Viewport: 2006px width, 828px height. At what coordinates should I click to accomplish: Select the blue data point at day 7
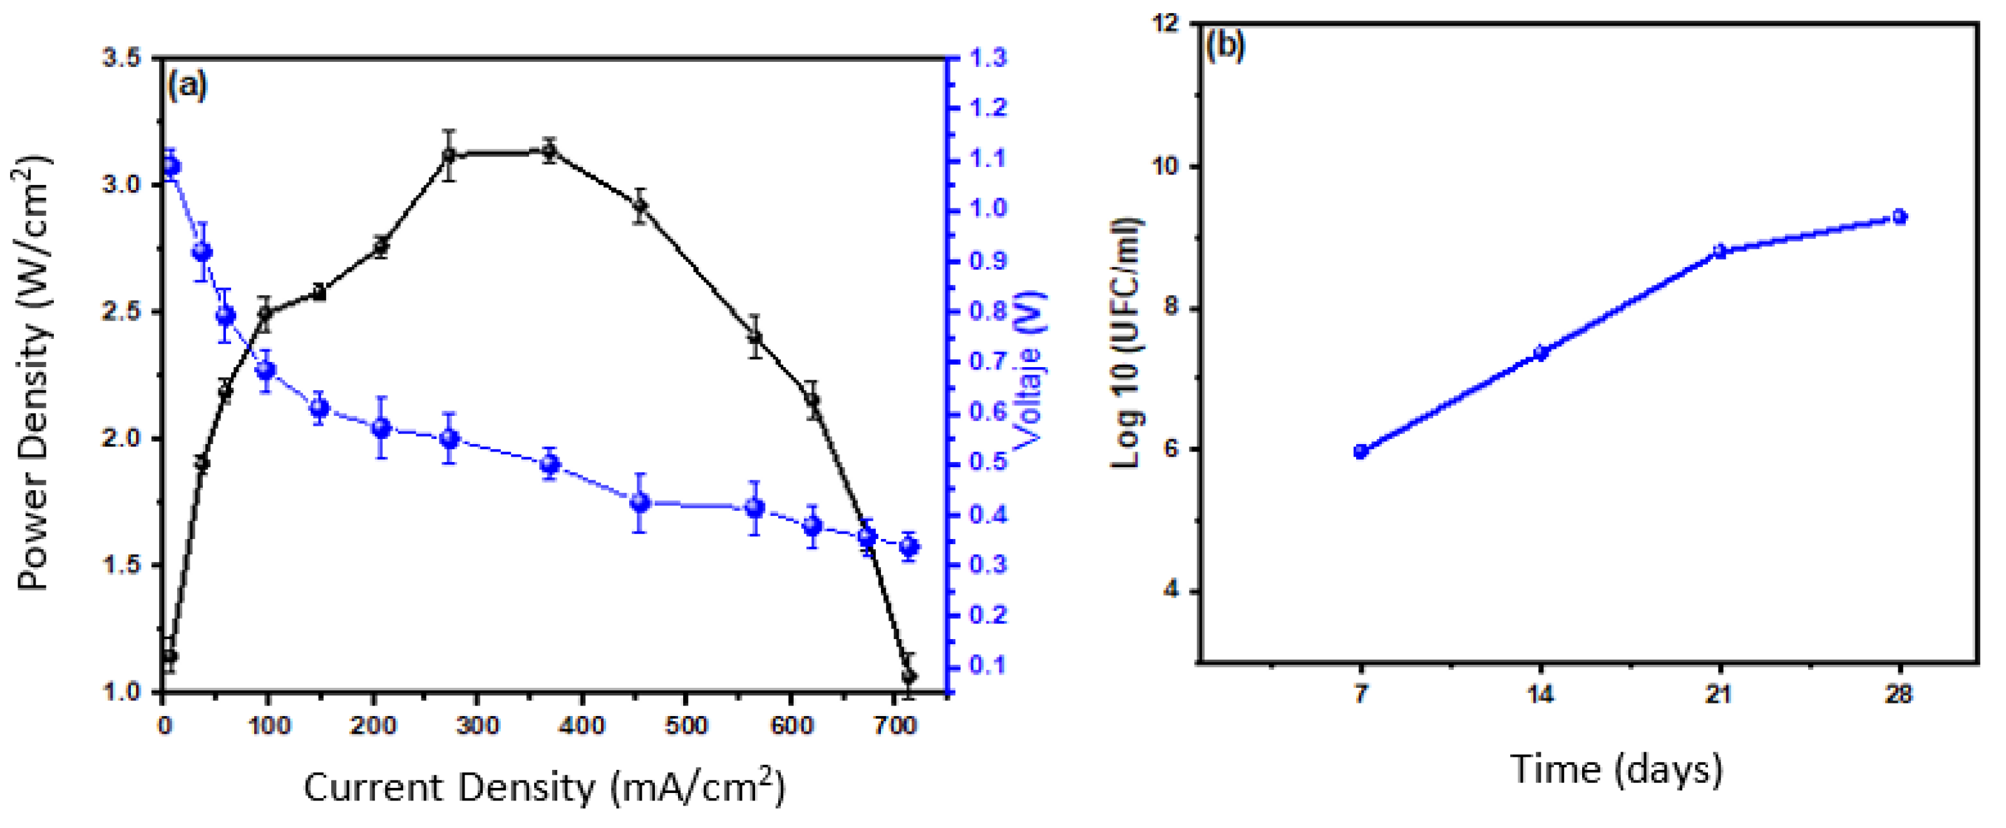pyautogui.click(x=1361, y=452)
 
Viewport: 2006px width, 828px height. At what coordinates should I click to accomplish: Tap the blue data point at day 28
pyautogui.click(x=1900, y=217)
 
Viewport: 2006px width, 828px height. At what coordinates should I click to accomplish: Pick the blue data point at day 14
pyautogui.click(x=1540, y=353)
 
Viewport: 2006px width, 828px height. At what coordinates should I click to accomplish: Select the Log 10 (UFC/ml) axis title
pyautogui.click(x=1126, y=343)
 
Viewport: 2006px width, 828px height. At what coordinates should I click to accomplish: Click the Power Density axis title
pyautogui.click(x=35, y=373)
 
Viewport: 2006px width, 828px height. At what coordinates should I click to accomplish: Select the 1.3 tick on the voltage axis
pyautogui.click(x=987, y=58)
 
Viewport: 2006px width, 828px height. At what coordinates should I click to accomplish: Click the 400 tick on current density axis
pyautogui.click(x=582, y=725)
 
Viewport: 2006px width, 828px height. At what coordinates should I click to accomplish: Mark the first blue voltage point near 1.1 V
pyautogui.click(x=172, y=166)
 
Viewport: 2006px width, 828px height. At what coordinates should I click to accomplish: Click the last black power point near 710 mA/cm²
pyautogui.click(x=909, y=676)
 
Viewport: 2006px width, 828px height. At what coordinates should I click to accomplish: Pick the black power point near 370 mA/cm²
pyautogui.click(x=550, y=151)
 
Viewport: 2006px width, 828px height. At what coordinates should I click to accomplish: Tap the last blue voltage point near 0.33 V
pyautogui.click(x=909, y=547)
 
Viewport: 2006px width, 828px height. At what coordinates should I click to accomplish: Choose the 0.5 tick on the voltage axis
pyautogui.click(x=987, y=462)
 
